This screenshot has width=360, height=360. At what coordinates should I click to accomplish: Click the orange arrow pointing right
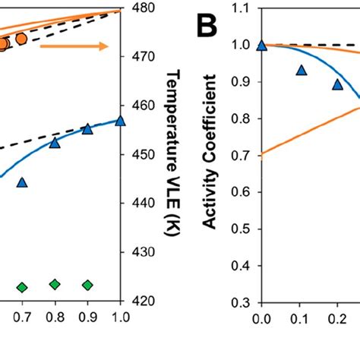point(74,47)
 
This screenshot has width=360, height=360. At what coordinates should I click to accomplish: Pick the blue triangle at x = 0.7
point(22,182)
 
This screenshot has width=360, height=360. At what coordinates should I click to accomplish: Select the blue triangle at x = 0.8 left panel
point(55,142)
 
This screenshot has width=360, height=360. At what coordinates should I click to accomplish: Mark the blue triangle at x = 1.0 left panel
point(120,120)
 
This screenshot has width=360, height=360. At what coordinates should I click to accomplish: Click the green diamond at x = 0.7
point(22,287)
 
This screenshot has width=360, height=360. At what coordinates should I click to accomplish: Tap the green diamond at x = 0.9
point(87,285)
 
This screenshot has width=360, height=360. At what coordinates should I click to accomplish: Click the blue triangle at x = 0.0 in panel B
point(262,45)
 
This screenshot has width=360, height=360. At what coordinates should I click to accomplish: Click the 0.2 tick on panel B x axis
point(336,318)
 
